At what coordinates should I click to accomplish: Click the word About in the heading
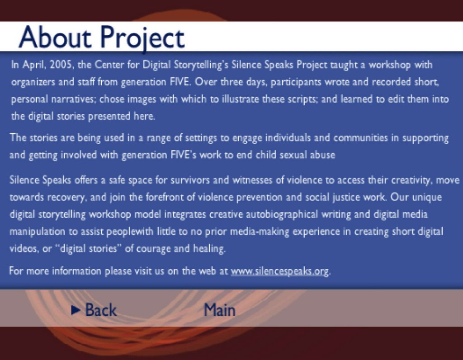pos(55,37)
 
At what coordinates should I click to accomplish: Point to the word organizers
pos(33,82)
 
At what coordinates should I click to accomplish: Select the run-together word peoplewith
pos(130,232)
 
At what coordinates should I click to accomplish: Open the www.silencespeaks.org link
pos(279,271)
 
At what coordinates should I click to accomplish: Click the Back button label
pos(101,310)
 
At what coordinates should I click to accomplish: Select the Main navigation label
pos(219,310)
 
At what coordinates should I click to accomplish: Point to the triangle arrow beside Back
pos(76,310)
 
